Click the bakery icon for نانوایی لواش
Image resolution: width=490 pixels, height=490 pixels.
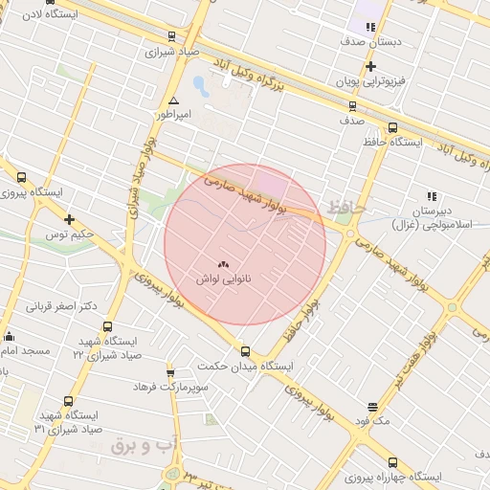224,264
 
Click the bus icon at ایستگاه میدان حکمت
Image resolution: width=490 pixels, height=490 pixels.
246,351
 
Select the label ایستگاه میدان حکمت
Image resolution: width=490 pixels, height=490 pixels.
245,366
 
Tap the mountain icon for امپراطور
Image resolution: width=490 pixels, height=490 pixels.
173,100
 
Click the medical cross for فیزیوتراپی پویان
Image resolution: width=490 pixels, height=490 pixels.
370,66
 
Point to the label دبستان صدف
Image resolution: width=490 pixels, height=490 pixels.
365,42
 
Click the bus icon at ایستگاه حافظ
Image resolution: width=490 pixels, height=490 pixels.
392,126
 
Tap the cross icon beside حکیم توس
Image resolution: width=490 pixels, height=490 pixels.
69,219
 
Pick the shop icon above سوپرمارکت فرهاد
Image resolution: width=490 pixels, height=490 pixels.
170,372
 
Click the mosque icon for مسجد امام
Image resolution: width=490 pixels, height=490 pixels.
10,336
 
